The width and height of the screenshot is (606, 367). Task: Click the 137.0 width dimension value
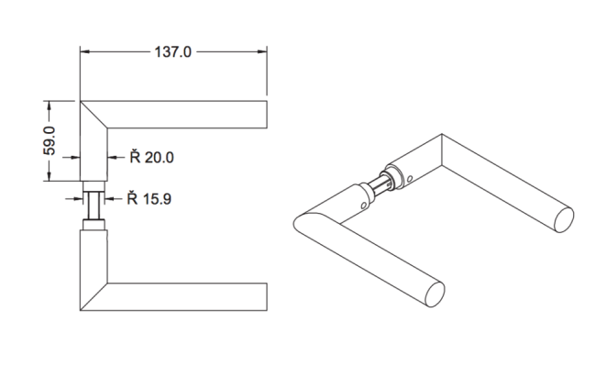click(171, 52)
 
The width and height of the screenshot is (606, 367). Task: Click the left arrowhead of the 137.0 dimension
click(85, 52)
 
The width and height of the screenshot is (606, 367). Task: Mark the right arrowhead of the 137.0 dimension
click(263, 52)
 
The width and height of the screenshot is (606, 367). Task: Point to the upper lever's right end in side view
click(266, 113)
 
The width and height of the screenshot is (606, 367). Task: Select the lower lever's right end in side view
click(266, 295)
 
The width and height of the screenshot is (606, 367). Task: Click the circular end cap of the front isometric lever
click(437, 294)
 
